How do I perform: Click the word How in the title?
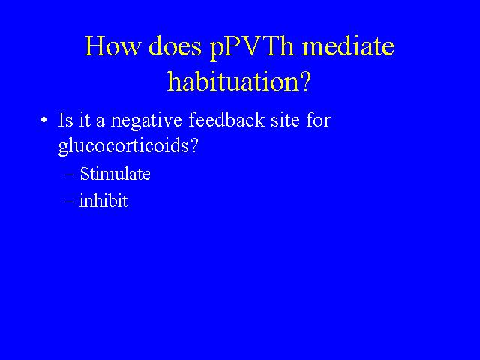(x=112, y=46)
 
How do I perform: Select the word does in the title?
(x=175, y=46)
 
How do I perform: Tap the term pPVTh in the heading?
(x=252, y=48)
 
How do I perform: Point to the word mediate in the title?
(x=348, y=46)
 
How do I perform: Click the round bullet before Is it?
(x=44, y=120)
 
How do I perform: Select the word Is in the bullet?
(x=66, y=120)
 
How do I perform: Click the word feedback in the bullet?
(x=226, y=119)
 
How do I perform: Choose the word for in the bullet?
(x=318, y=119)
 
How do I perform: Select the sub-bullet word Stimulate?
(x=115, y=174)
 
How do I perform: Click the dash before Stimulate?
(x=70, y=175)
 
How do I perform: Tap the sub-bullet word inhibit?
(x=103, y=201)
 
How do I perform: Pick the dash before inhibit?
(x=70, y=202)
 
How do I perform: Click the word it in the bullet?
(x=85, y=120)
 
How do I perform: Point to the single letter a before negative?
(x=100, y=122)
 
